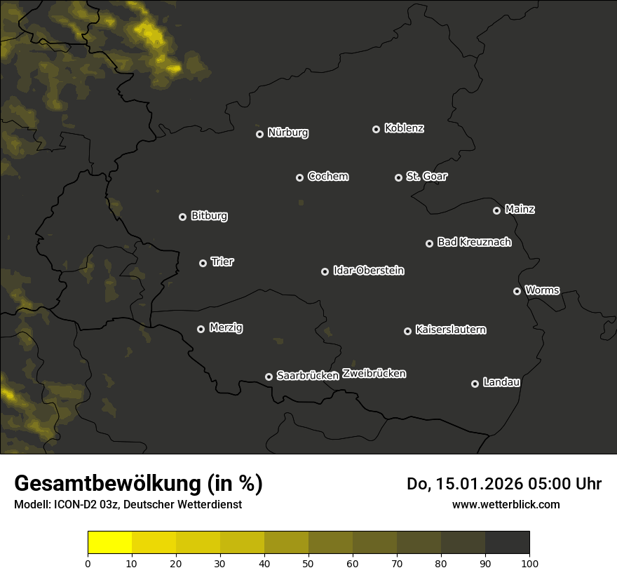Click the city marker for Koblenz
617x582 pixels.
point(376,129)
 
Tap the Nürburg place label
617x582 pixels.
point(287,133)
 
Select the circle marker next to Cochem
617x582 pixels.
point(299,177)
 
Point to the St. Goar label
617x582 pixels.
point(426,177)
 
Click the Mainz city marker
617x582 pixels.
point(496,210)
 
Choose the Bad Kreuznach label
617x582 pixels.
point(474,242)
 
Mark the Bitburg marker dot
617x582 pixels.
point(182,217)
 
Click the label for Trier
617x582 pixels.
point(222,262)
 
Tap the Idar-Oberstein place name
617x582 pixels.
point(368,271)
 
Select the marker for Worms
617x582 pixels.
point(517,291)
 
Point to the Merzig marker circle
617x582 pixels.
point(201,329)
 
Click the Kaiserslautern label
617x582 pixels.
point(450,330)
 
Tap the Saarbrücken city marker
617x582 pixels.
point(269,377)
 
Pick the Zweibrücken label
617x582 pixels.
point(374,374)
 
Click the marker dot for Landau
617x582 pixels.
point(475,384)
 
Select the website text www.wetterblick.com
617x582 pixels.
point(506,504)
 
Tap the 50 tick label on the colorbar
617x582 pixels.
point(308,563)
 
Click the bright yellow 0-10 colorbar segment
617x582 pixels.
point(110,543)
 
